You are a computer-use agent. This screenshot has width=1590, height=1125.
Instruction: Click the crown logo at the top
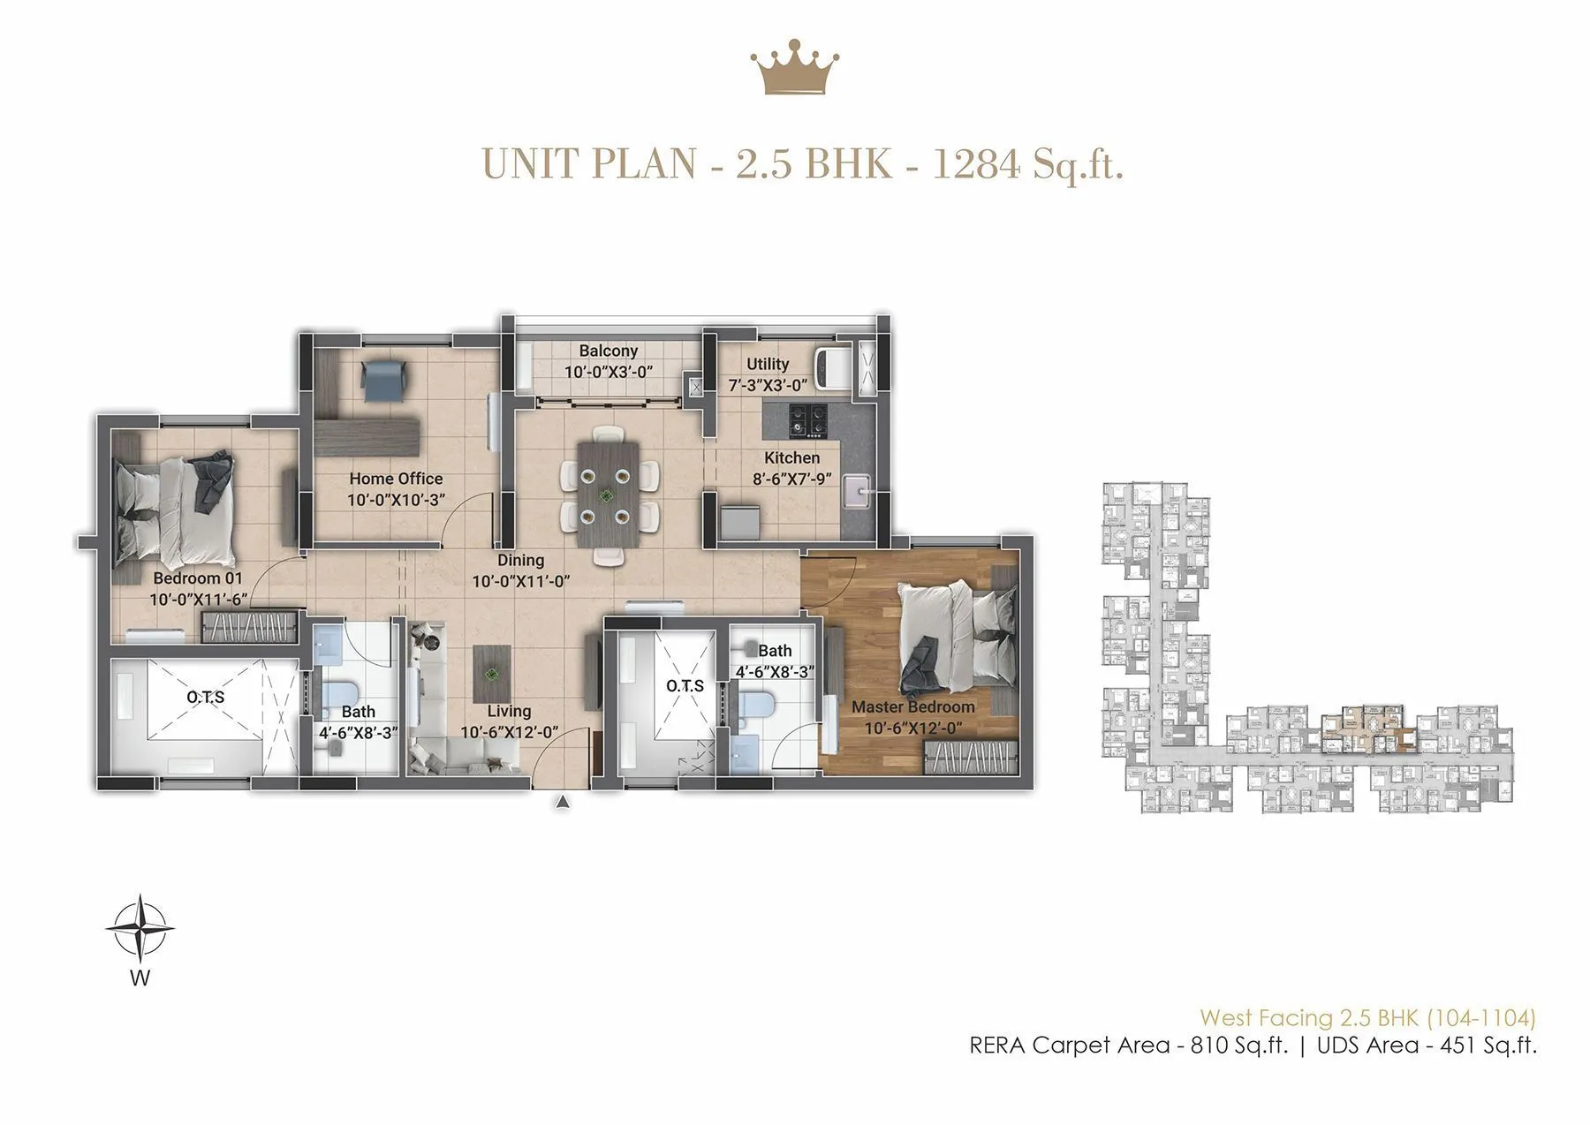(794, 67)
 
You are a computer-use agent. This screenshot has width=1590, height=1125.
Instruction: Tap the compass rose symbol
(140, 928)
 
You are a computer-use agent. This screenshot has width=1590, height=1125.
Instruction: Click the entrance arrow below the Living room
(562, 802)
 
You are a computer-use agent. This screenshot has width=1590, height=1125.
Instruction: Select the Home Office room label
(396, 479)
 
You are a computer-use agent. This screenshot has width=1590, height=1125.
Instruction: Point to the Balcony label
(609, 351)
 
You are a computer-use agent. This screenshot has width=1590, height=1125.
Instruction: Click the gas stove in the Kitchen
(808, 419)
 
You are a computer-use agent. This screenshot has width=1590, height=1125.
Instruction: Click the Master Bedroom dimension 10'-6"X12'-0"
(913, 729)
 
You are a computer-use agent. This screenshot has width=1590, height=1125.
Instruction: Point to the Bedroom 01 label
(198, 578)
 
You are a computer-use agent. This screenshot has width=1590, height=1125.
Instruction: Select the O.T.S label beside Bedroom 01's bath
(206, 697)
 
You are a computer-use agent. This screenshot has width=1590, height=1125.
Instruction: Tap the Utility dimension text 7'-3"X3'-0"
(768, 386)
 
